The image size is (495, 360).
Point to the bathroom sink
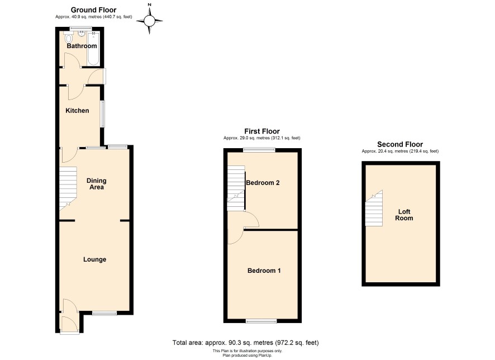tap(82, 33)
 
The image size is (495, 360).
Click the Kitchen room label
tap(77, 111)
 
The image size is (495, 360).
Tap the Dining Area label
tap(96, 184)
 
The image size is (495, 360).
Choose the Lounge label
tap(95, 259)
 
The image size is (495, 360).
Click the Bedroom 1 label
tap(264, 271)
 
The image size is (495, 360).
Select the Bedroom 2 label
tap(263, 183)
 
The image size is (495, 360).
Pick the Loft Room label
tap(404, 215)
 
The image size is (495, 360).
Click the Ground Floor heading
tap(93, 10)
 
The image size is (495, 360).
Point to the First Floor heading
tap(262, 131)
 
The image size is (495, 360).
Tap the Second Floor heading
tap(400, 144)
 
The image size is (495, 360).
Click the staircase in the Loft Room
tap(374, 208)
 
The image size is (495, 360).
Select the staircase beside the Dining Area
tap(68, 189)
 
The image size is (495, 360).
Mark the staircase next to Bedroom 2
tap(236, 188)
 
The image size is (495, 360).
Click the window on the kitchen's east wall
tap(103, 114)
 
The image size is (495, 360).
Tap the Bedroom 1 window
tap(261, 321)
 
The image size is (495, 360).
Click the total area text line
tap(246, 343)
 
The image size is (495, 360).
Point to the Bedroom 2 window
tap(259, 150)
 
